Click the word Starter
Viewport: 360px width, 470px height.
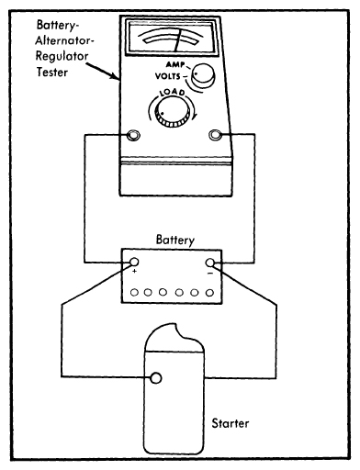point(231,423)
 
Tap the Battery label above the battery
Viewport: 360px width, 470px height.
point(175,240)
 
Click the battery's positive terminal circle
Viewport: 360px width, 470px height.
point(134,262)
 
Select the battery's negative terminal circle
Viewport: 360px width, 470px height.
point(210,263)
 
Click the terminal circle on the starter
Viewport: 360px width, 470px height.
point(156,378)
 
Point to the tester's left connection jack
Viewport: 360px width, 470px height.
point(133,135)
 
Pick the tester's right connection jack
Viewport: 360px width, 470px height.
point(215,135)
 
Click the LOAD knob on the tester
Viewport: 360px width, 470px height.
point(171,112)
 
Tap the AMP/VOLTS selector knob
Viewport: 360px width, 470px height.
point(202,75)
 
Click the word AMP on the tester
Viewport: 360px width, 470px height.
point(175,64)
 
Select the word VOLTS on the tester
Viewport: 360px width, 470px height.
point(168,76)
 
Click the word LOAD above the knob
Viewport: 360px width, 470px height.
point(173,92)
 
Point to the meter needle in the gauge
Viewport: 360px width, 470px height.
point(178,40)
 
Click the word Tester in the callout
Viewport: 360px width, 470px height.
point(51,73)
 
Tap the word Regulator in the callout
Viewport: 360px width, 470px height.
point(62,56)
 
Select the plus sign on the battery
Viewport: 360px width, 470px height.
point(134,271)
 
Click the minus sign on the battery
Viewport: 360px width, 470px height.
point(210,273)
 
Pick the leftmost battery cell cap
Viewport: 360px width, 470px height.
point(134,293)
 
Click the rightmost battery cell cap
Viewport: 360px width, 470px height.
point(209,293)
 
